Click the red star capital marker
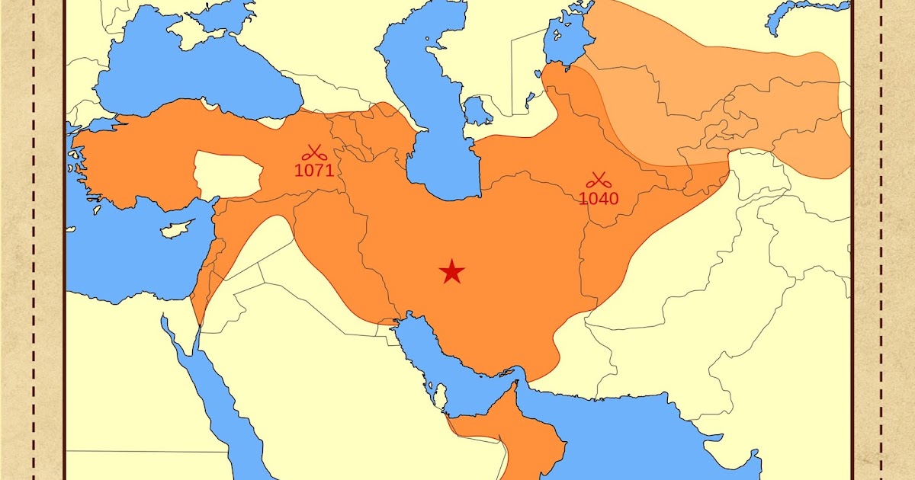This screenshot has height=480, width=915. click(x=452, y=271)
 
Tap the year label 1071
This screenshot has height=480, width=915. click(x=314, y=170)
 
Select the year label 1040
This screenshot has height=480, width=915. click(x=599, y=199)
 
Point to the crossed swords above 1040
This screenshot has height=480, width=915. click(x=599, y=181)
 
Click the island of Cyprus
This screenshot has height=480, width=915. click(x=178, y=227)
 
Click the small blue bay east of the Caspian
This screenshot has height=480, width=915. click(x=477, y=110)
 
